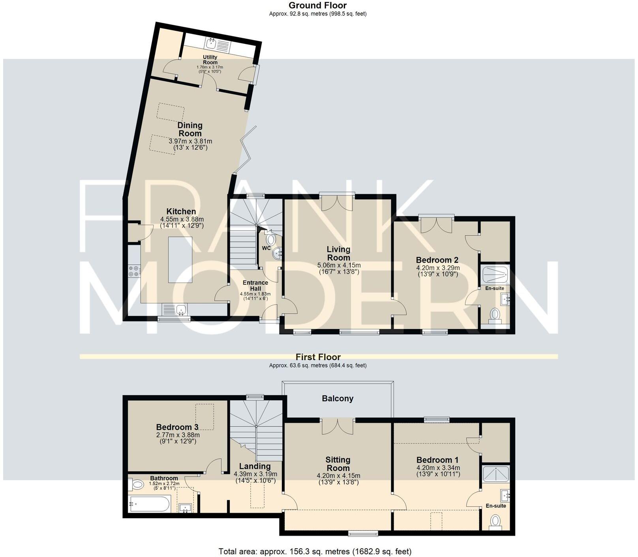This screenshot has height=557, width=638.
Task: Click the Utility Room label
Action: tap(210, 60)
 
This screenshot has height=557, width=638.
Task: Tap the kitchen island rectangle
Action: tap(180, 260)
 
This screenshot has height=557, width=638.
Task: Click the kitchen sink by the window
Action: tap(182, 309)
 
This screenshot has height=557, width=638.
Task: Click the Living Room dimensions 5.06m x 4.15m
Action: tap(339, 265)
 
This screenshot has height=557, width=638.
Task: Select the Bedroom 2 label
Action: tap(437, 260)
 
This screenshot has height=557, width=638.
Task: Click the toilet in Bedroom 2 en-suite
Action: tap(495, 314)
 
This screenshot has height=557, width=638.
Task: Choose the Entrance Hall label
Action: tap(255, 285)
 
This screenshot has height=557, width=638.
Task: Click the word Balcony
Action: tap(338, 398)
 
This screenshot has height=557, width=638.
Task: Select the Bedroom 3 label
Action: tap(177, 427)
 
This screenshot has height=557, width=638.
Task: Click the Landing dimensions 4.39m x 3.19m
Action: tap(255, 474)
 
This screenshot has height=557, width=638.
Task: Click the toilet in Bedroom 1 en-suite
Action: tap(495, 521)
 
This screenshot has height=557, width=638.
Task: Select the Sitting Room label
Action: tap(338, 464)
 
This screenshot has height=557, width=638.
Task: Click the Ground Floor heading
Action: tap(317, 6)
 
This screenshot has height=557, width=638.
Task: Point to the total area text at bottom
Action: tap(315, 551)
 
